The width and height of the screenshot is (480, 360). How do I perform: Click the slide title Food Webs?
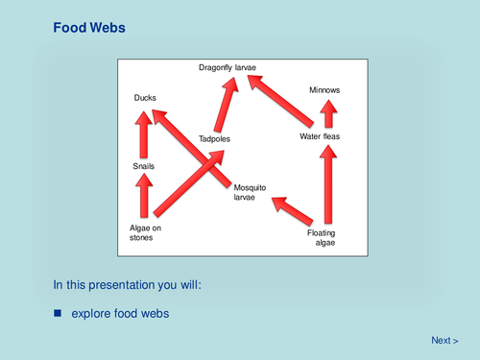pos(88,29)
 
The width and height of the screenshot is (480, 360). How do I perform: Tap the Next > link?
pos(444,340)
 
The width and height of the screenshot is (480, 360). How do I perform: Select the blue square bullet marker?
pos(58,313)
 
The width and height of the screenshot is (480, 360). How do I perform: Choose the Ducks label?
pos(144,98)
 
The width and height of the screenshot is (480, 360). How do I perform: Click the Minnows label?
pos(324,90)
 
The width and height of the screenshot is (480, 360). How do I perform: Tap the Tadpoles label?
pos(215,139)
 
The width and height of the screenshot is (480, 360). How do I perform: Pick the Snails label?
pos(144,167)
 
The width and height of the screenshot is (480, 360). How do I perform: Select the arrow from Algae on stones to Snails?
pos(143,198)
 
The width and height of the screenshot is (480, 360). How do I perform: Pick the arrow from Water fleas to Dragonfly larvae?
pos(281,102)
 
